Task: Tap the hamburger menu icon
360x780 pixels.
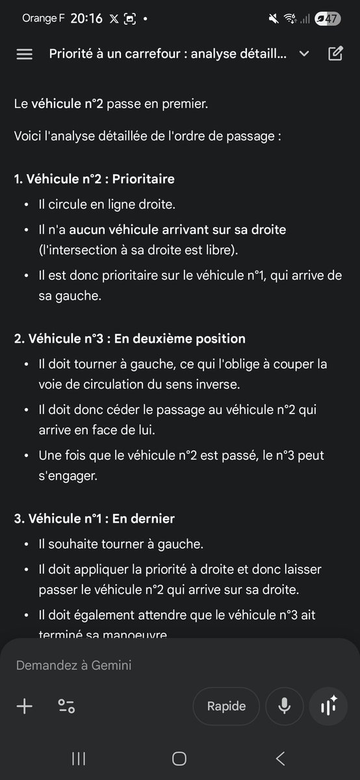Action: [24, 54]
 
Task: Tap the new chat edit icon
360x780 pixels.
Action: [335, 53]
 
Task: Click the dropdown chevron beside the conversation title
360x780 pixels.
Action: [304, 54]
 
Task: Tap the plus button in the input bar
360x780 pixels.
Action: [24, 706]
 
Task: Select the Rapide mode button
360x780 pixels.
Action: [226, 706]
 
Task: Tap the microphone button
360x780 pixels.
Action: [284, 706]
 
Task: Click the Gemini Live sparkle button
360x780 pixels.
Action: [329, 706]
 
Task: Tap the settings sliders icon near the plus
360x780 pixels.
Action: [66, 706]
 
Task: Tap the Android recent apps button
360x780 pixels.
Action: [79, 759]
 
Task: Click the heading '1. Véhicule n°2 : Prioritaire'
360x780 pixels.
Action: [94, 179]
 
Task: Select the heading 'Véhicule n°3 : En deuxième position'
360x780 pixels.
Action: [130, 339]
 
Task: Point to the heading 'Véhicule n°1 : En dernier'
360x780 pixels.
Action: [94, 519]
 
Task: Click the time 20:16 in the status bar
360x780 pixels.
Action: [86, 19]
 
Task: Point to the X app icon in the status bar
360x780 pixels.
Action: [114, 19]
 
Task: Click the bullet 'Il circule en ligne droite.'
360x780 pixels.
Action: [107, 205]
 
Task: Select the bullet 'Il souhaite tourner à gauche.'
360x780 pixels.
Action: [112, 543]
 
